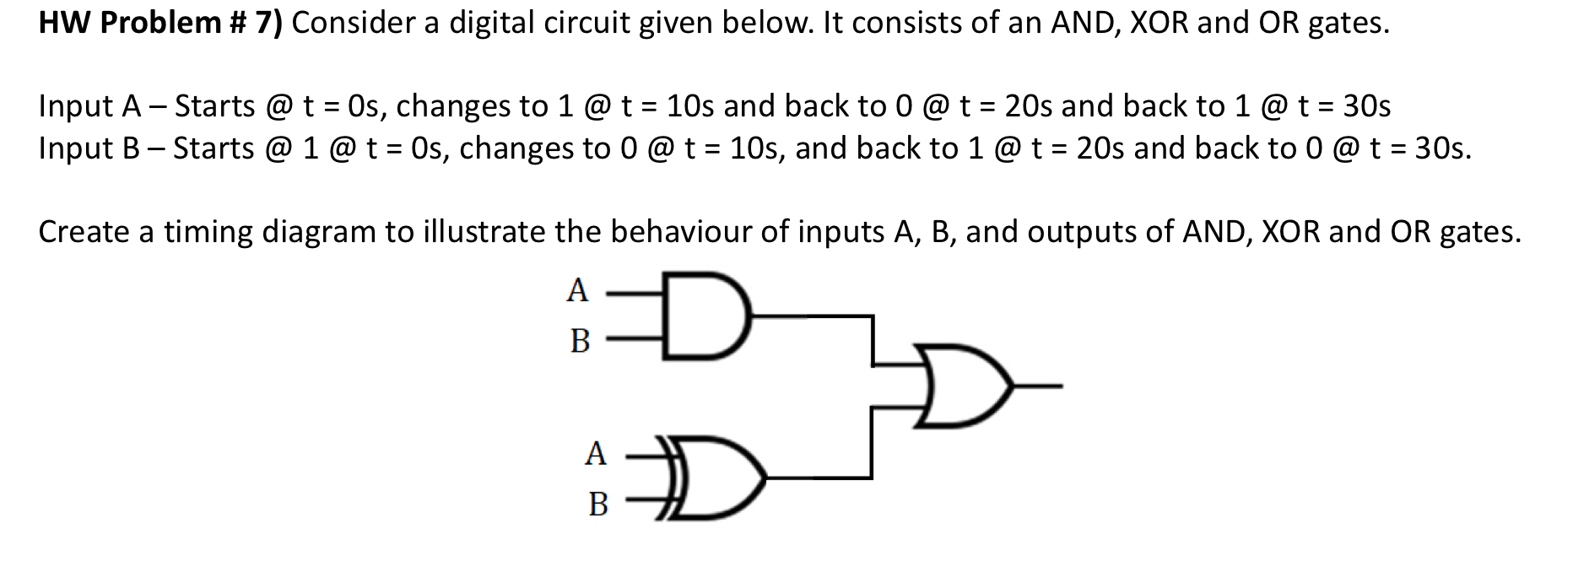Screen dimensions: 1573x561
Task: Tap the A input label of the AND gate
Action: click(x=577, y=290)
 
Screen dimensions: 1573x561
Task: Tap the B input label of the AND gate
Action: click(x=580, y=341)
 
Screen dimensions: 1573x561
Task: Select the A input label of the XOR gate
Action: click(x=596, y=453)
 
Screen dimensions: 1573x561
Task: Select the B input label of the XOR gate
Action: click(x=598, y=504)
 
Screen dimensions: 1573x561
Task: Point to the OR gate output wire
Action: click(x=1038, y=386)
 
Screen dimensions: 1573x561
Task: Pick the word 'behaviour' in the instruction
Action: click(x=680, y=231)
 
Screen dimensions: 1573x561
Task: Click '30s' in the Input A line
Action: click(x=1366, y=106)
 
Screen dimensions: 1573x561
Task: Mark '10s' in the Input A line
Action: click(x=691, y=106)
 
